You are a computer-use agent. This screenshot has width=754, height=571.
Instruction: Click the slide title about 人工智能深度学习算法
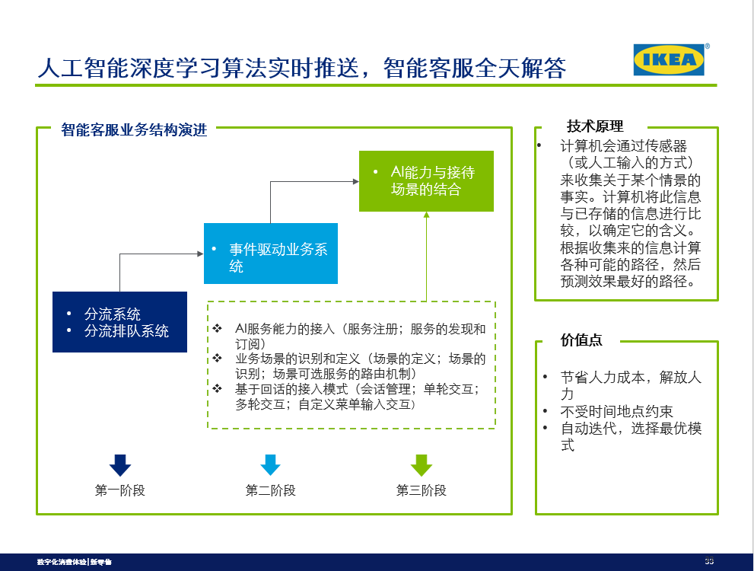pyautogui.click(x=302, y=68)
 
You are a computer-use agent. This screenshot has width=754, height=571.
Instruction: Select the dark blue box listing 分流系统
pyautogui.click(x=119, y=322)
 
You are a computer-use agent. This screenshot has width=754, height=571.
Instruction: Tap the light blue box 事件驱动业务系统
pyautogui.click(x=270, y=253)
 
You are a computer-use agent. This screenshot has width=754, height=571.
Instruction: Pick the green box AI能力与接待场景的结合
pyautogui.click(x=426, y=180)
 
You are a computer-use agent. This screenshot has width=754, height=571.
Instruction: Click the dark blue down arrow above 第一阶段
pyautogui.click(x=120, y=464)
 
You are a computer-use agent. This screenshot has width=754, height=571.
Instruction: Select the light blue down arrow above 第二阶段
pyautogui.click(x=270, y=464)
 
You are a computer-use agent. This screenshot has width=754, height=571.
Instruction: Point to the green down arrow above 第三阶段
pyautogui.click(x=421, y=464)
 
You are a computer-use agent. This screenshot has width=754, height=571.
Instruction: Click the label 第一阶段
pyautogui.click(x=119, y=490)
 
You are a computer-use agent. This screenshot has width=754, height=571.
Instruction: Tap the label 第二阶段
pyautogui.click(x=270, y=490)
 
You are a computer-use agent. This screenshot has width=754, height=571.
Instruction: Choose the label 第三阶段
pyautogui.click(x=421, y=490)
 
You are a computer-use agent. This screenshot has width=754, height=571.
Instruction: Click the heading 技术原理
pyautogui.click(x=595, y=126)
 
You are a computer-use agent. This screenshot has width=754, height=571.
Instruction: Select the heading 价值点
pyautogui.click(x=581, y=340)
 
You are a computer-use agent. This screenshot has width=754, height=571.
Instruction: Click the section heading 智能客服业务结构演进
pyautogui.click(x=134, y=129)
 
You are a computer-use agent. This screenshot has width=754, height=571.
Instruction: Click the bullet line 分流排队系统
pyautogui.click(x=126, y=331)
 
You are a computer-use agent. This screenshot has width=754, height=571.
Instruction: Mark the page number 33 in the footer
pyautogui.click(x=709, y=561)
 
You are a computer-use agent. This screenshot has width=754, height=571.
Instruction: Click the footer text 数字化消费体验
pyautogui.click(x=62, y=562)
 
